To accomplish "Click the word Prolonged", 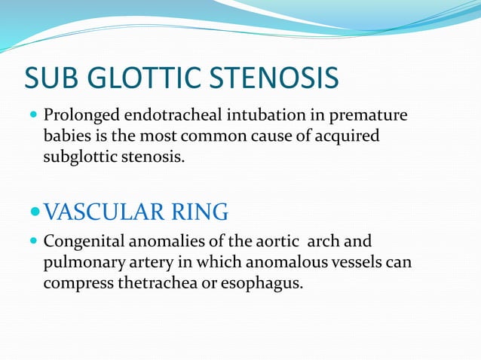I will [x=76, y=117].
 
